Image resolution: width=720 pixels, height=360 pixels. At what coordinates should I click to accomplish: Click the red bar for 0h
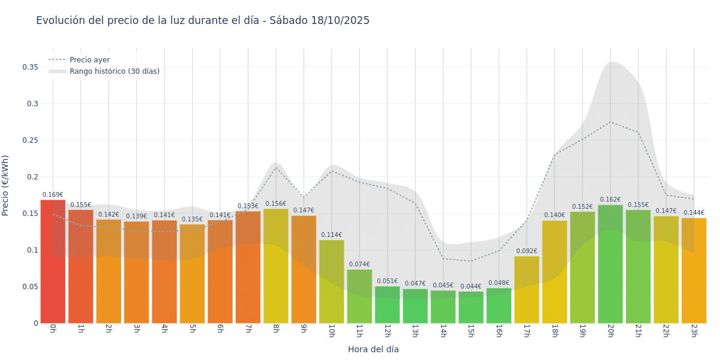[x=53, y=262]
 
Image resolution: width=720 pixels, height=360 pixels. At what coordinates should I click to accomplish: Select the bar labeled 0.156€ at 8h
[x=276, y=266]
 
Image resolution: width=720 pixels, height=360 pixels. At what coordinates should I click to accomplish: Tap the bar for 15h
[x=471, y=307]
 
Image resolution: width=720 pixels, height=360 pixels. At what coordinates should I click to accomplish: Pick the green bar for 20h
[x=610, y=264]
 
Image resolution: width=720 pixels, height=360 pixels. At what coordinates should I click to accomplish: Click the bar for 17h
[x=527, y=290]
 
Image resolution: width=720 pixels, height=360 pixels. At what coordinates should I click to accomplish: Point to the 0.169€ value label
[x=53, y=194]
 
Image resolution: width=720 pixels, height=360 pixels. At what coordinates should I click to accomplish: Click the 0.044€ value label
[x=471, y=286]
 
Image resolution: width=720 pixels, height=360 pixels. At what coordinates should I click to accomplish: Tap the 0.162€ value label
[x=610, y=200]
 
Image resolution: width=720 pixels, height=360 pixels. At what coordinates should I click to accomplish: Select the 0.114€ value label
[x=332, y=235]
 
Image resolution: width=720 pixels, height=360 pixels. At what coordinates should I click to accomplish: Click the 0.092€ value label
[x=527, y=251]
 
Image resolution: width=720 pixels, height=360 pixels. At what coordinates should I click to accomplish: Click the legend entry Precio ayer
[x=89, y=60]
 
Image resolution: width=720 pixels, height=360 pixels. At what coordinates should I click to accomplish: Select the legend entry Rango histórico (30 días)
[x=114, y=71]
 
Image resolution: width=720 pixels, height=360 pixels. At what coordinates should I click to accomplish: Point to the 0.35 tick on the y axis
[x=31, y=67]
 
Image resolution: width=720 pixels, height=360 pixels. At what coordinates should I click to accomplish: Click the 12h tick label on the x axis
[x=387, y=331]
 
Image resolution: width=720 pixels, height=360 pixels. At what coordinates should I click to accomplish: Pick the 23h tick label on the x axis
[x=694, y=331]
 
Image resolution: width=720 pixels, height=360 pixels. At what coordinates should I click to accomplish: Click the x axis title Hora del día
[x=373, y=349]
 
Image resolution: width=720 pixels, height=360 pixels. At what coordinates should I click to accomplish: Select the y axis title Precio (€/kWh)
[x=5, y=185]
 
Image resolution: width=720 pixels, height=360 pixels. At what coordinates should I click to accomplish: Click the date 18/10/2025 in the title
[x=340, y=20]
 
